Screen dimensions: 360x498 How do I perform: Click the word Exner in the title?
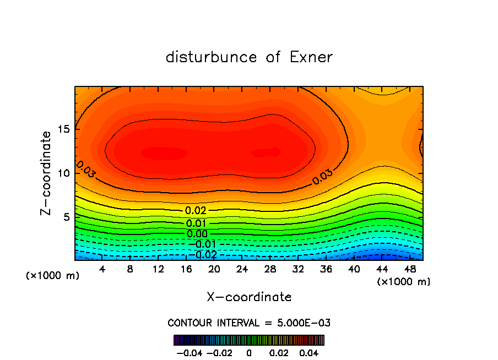(311, 57)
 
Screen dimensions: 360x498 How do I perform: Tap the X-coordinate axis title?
(249, 297)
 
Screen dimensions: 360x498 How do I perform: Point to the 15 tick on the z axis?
(64, 129)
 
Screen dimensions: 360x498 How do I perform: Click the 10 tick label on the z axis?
(64, 173)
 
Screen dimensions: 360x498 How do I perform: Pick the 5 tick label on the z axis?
(67, 217)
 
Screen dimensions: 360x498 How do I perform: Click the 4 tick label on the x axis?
(102, 269)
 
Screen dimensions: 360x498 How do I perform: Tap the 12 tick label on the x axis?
(158, 269)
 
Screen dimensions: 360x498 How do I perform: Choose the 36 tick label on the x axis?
(326, 269)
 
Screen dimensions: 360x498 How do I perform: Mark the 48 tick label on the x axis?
(409, 269)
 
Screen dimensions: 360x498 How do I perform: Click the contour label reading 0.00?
(196, 234)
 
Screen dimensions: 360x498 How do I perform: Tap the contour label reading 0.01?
(196, 223)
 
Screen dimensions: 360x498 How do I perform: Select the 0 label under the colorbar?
(249, 352)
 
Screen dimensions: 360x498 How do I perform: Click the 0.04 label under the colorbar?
(310, 352)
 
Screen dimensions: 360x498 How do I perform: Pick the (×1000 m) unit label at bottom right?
(404, 282)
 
